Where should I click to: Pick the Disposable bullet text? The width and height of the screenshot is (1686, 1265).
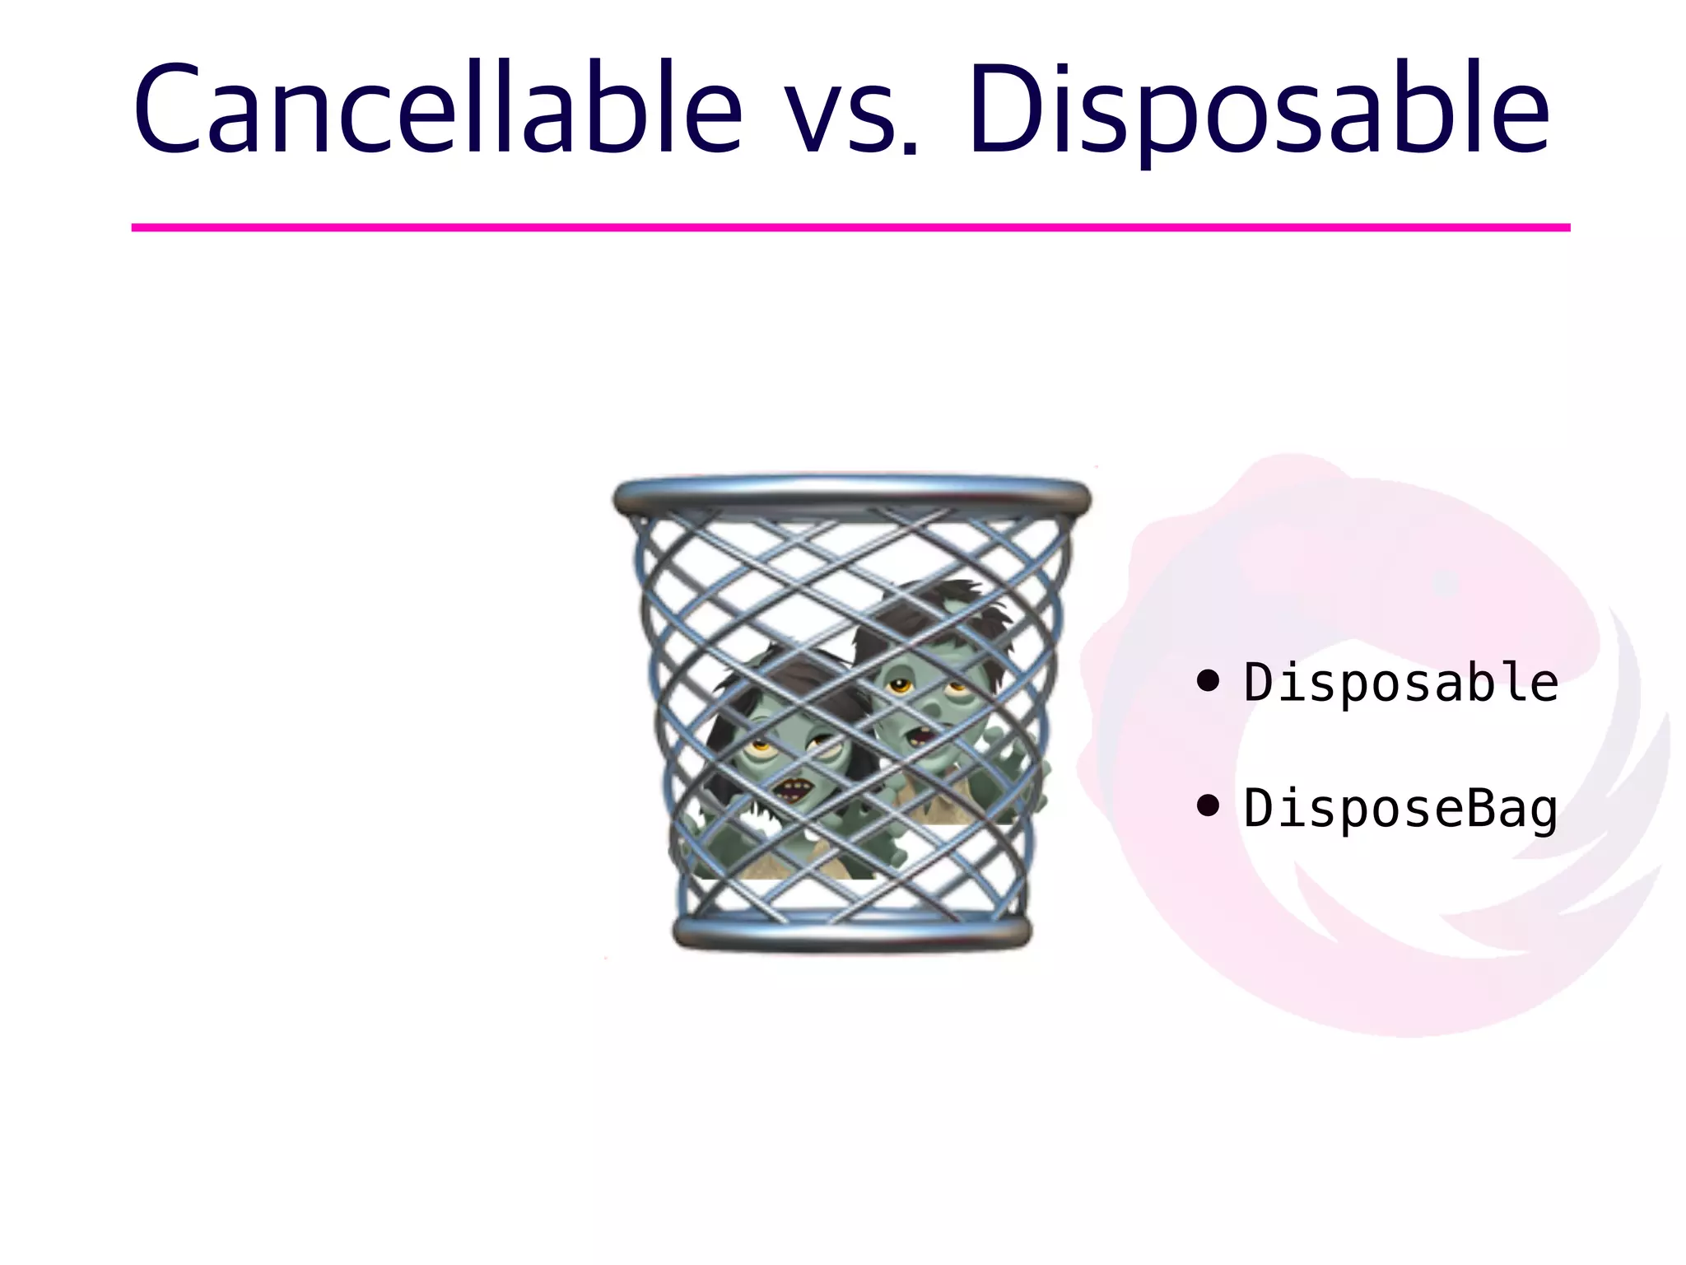pos(1400,683)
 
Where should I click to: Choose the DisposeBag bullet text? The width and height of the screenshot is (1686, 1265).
pos(1400,808)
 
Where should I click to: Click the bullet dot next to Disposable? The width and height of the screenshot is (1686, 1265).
pos(1208,681)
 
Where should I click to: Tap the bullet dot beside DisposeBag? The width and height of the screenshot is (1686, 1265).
pos(1208,806)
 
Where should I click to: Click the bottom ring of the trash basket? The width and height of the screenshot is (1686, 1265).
pos(851,932)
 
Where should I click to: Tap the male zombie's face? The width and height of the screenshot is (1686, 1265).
pos(922,700)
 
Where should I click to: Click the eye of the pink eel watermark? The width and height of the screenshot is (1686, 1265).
pos(1446,585)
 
